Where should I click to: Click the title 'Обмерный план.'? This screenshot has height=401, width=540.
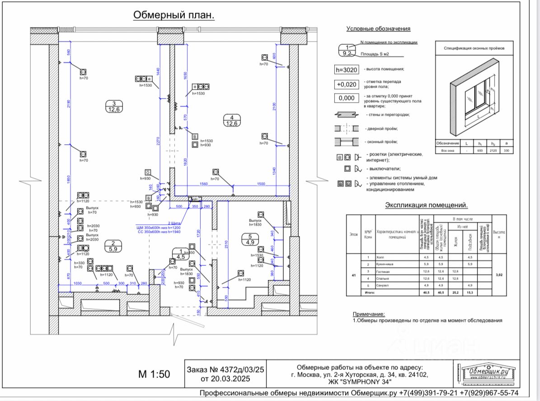tap(174, 15)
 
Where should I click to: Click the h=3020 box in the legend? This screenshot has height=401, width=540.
tap(347, 70)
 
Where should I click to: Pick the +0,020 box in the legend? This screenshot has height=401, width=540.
tap(347, 84)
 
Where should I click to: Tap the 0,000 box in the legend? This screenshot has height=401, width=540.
tap(347, 99)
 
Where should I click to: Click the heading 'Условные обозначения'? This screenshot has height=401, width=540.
tap(378, 28)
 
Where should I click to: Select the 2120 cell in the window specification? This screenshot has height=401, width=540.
tap(493, 150)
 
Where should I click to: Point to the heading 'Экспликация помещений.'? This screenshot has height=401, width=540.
tap(426, 205)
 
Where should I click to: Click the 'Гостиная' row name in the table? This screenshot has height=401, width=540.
tap(383, 271)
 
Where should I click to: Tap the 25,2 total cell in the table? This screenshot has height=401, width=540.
tap(455, 292)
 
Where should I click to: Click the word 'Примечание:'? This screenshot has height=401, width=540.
tap(369, 314)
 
